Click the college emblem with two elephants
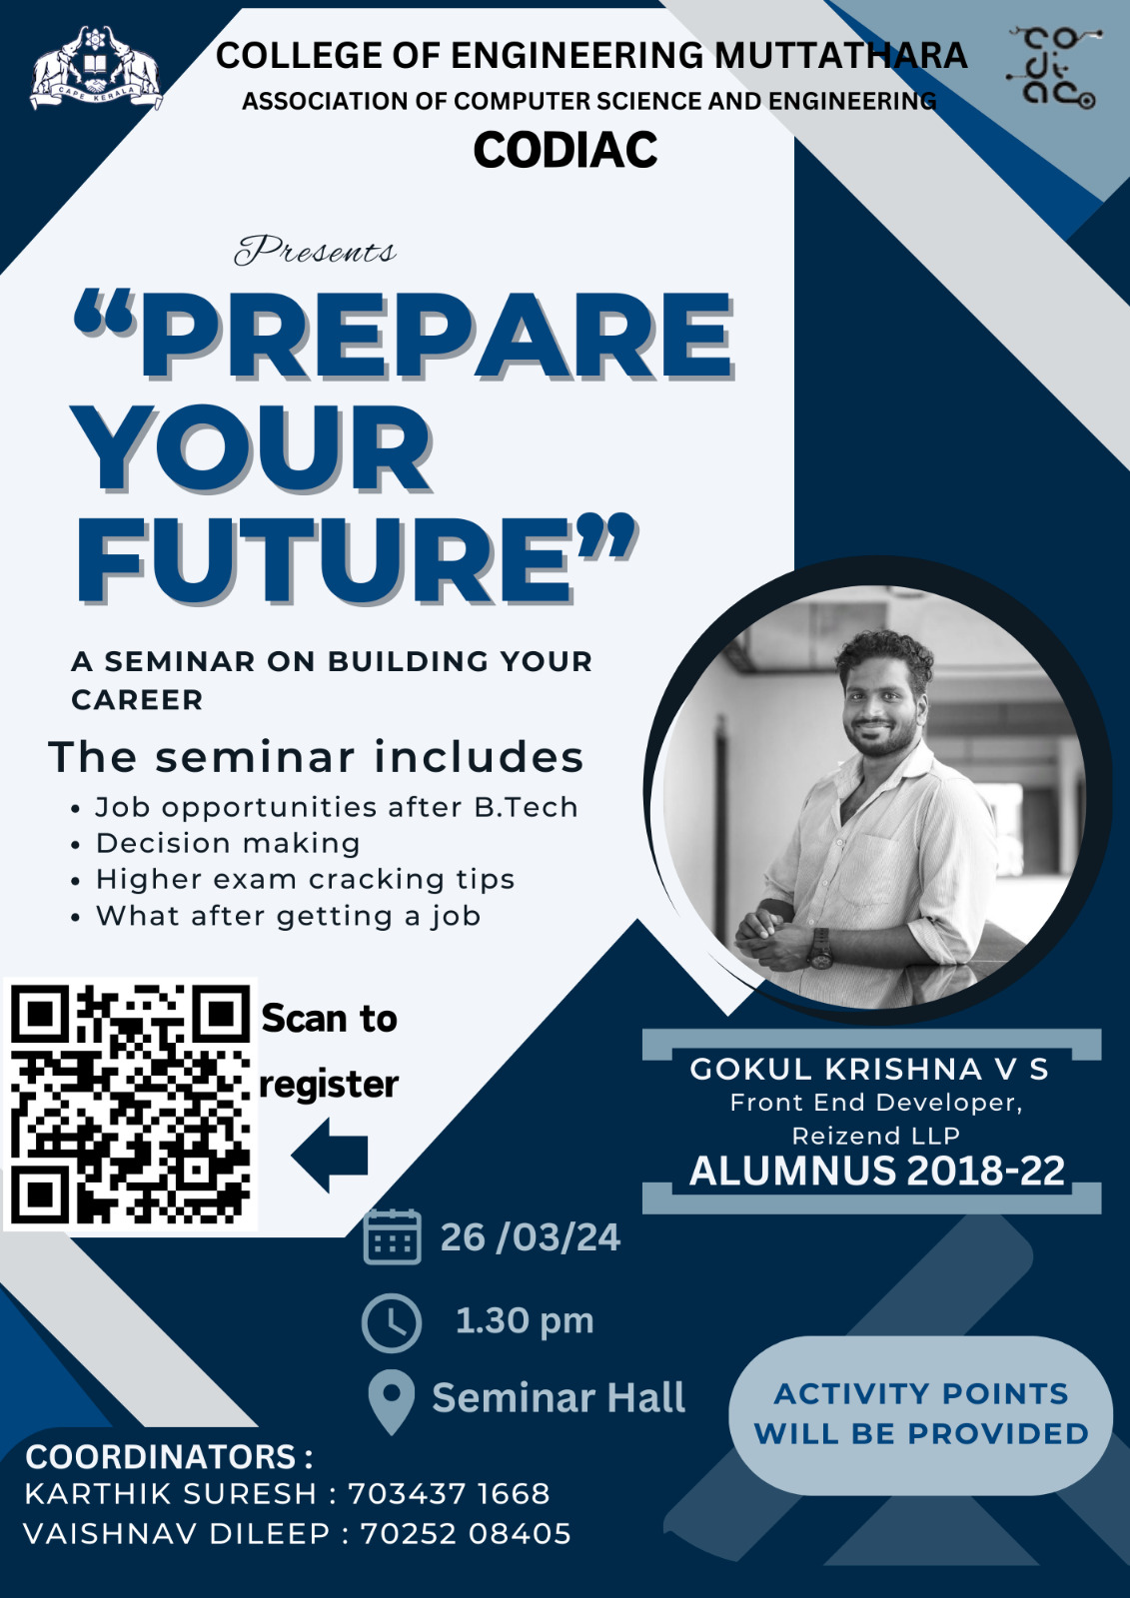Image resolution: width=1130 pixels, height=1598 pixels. pyautogui.click(x=96, y=69)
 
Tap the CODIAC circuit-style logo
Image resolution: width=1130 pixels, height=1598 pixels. pyautogui.click(x=1055, y=69)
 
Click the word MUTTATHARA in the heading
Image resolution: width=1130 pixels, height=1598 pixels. pyautogui.click(x=841, y=55)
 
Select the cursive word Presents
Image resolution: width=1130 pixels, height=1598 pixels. pyautogui.click(x=315, y=251)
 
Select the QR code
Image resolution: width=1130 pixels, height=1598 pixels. pyautogui.click(x=131, y=1104)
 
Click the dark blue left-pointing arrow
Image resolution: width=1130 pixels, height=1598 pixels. pyautogui.click(x=330, y=1155)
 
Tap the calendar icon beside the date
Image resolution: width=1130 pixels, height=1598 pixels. pyautogui.click(x=392, y=1237)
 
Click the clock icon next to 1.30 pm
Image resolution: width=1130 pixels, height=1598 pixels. pyautogui.click(x=392, y=1322)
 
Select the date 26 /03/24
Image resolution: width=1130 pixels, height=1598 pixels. pyautogui.click(x=531, y=1237)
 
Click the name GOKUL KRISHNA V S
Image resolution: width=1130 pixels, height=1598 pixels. pyautogui.click(x=869, y=1070)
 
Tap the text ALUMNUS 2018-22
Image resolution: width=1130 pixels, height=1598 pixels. pyautogui.click(x=876, y=1171)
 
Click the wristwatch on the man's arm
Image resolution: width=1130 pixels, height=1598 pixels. pyautogui.click(x=821, y=948)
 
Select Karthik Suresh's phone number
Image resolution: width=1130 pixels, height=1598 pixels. pyautogui.click(x=449, y=1494)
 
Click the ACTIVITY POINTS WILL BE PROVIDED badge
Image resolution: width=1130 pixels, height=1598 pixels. pyautogui.click(x=921, y=1415)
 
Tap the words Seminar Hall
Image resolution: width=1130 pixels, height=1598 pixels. pyautogui.click(x=559, y=1397)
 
